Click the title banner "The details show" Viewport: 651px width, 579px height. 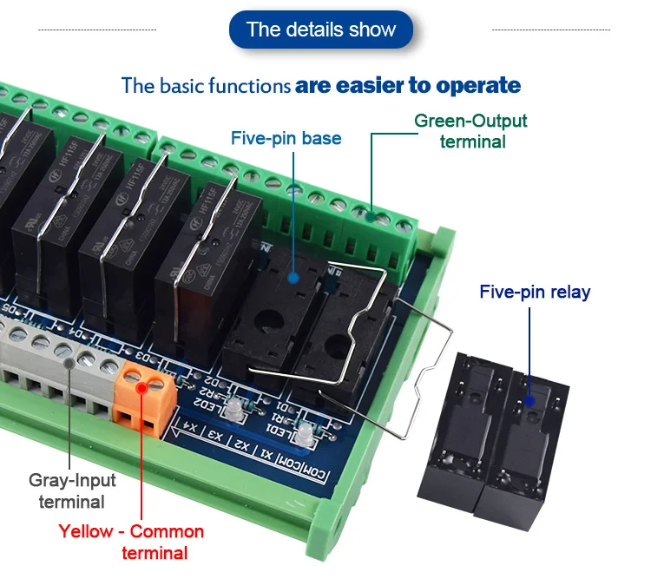[321, 30]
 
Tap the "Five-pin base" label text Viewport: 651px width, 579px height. [286, 138]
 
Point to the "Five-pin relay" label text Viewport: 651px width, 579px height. [534, 292]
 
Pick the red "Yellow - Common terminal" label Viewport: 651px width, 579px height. [131, 542]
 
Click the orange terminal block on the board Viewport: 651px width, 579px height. [141, 396]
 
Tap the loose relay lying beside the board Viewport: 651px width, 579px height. [495, 433]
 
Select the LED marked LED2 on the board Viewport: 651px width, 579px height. [233, 411]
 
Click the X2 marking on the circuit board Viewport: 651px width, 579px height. [244, 446]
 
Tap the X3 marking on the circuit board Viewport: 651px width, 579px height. [214, 436]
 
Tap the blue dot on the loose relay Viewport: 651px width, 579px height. [528, 402]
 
